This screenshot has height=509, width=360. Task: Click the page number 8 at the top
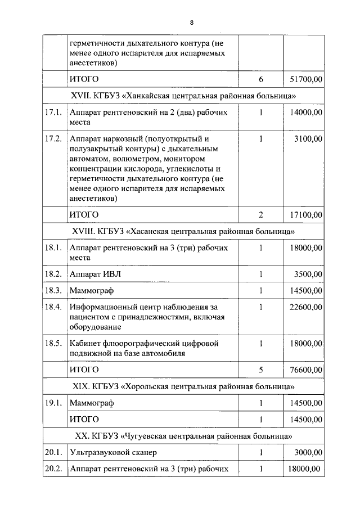pyautogui.click(x=191, y=22)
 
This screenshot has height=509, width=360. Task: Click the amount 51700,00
pyautogui.click(x=306, y=79)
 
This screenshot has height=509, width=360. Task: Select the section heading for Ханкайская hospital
pyautogui.click(x=183, y=96)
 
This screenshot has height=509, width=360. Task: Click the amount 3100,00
pyautogui.click(x=308, y=138)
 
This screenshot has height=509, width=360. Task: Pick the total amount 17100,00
pyautogui.click(x=306, y=214)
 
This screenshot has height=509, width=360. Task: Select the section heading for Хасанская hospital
pyautogui.click(x=183, y=231)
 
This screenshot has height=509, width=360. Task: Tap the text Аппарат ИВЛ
pyautogui.click(x=94, y=273)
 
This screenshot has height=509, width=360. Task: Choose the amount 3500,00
pyautogui.click(x=308, y=273)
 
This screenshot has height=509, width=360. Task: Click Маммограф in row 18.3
pyautogui.click(x=92, y=290)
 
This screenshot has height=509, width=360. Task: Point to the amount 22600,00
pyautogui.click(x=306, y=307)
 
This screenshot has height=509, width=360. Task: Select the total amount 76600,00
pyautogui.click(x=306, y=370)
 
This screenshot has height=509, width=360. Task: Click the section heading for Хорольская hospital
pyautogui.click(x=183, y=386)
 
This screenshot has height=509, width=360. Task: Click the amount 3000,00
pyautogui.click(x=308, y=452)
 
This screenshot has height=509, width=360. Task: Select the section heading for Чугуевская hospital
pyautogui.click(x=183, y=436)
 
